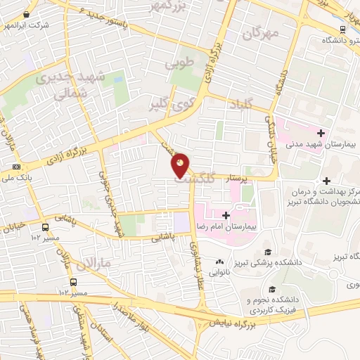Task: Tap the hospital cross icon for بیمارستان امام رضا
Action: pos(225,215)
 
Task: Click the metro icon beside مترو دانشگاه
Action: pos(342,29)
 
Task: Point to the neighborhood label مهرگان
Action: pos(261,32)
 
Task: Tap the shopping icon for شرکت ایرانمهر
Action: pos(26,13)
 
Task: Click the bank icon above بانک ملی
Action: pos(16,167)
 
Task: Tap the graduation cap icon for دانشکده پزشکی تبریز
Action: pos(267,252)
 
